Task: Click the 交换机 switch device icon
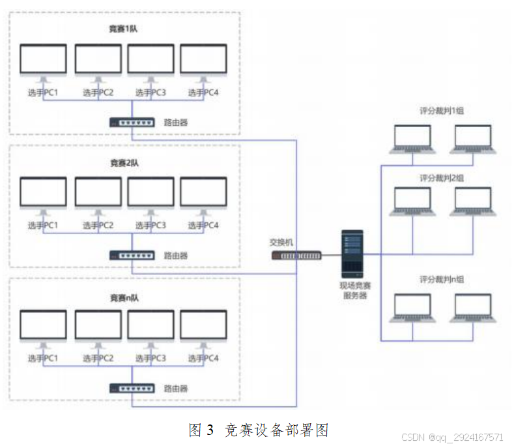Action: pos(296,256)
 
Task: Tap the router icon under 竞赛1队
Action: pos(132,122)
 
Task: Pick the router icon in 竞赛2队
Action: pos(132,256)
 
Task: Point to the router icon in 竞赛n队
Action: pos(132,388)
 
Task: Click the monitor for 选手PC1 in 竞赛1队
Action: pos(43,61)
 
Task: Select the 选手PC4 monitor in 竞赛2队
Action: pos(203,194)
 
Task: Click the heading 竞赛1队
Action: pos(124,29)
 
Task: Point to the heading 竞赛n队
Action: pos(124,297)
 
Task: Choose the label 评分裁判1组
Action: pos(441,111)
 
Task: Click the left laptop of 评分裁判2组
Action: pos(413,201)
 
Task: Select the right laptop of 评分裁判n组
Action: pos(472,308)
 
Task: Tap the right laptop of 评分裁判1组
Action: pos(472,138)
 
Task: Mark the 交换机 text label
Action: pos(281,242)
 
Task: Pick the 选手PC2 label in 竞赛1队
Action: pos(98,93)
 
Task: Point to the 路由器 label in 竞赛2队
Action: pos(176,256)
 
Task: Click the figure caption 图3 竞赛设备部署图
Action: pos(259,430)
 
